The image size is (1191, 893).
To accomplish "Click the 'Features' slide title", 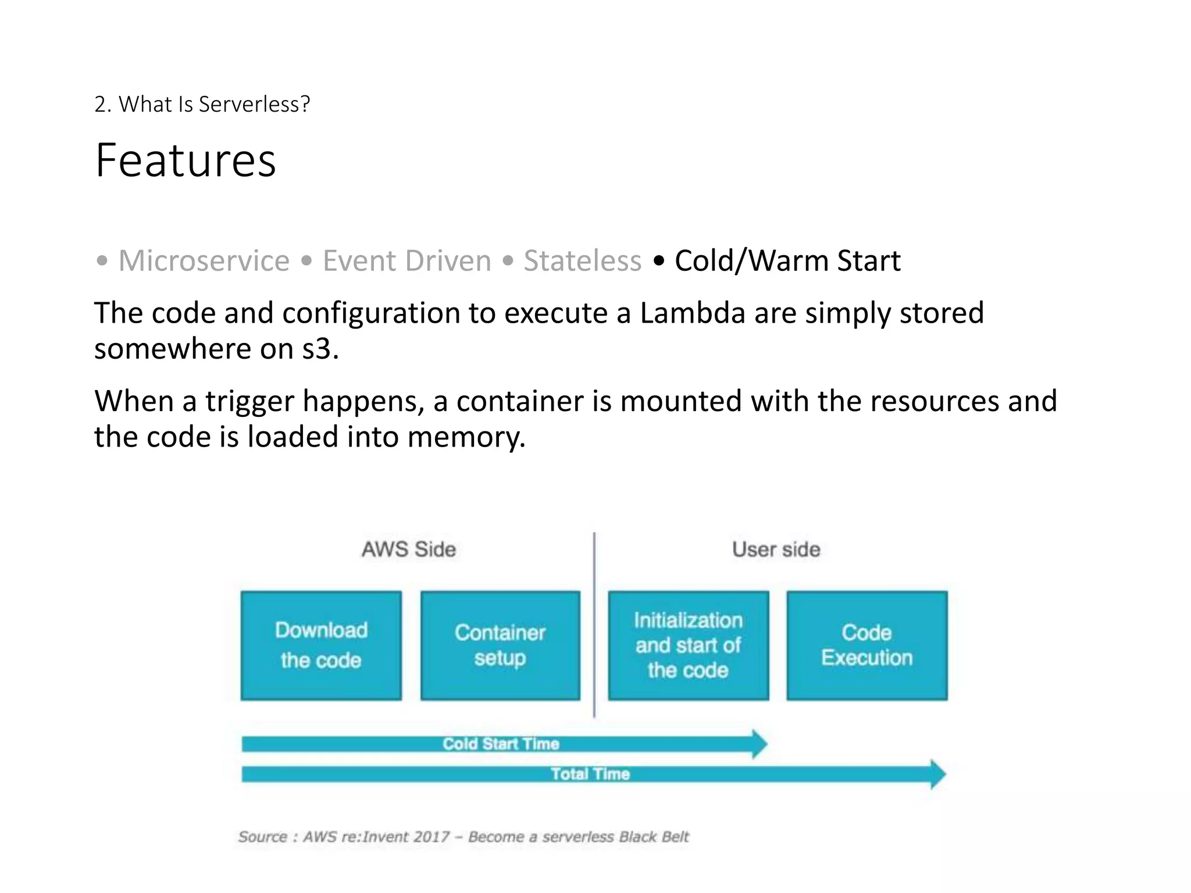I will point(186,160).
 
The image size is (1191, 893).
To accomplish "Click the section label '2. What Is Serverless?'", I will point(202,104).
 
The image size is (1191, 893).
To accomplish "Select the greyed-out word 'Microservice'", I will point(204,260).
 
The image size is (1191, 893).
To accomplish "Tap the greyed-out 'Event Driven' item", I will point(406,260).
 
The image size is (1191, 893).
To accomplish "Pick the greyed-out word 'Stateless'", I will point(582,260).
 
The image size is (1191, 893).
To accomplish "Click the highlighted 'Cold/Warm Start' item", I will point(787,260).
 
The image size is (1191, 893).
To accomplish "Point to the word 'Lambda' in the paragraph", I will point(692,313).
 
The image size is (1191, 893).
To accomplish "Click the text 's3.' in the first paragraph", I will point(320,349).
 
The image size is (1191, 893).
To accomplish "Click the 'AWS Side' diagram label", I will point(409,549).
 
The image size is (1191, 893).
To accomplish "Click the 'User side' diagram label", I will point(776,549).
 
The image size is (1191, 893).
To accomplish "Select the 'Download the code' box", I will point(321,645).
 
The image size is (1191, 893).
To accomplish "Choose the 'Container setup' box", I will point(500,645).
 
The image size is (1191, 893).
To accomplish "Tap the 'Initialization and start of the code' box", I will point(688,645).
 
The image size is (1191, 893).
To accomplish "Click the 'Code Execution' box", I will point(866,645).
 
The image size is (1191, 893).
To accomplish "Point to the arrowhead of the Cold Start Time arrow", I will point(759,744).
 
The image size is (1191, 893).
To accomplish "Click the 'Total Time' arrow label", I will point(590,774).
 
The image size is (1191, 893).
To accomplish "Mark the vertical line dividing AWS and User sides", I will point(594,625).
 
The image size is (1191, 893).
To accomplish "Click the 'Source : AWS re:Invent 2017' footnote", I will point(463,837).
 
